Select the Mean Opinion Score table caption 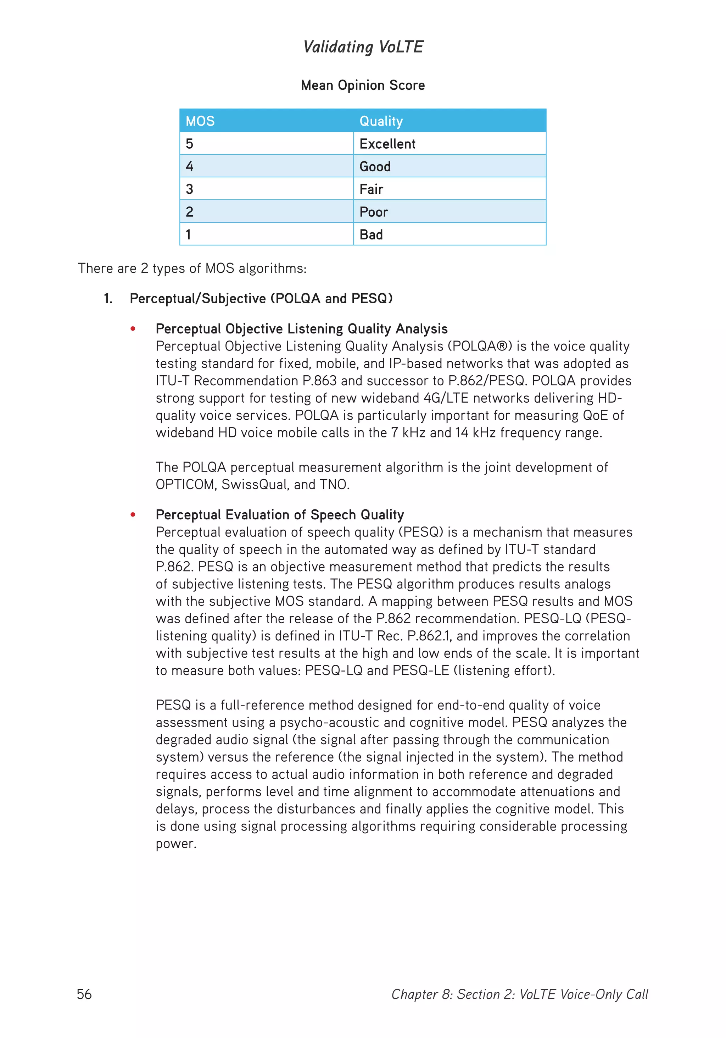click(363, 85)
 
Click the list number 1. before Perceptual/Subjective click(108, 298)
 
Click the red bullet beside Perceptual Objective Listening click(133, 328)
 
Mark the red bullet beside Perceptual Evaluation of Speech click(133, 514)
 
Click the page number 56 click(84, 994)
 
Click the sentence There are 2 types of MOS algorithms click(192, 269)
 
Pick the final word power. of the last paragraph click(176, 844)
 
